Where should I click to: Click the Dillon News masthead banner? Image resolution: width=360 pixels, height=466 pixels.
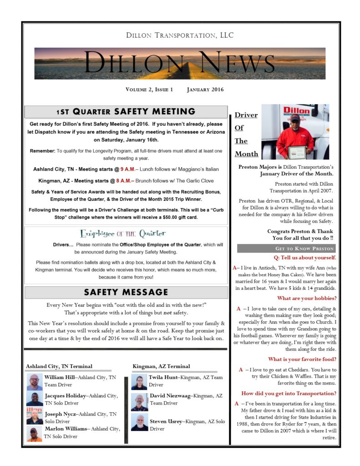pos(180,63)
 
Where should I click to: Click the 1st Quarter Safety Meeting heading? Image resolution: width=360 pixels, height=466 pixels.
pos(126,111)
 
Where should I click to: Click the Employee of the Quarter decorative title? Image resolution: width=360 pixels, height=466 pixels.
pos(122,233)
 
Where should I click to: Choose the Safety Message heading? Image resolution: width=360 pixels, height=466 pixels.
pos(126,292)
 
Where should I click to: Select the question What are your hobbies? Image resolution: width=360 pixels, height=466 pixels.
pos(307,299)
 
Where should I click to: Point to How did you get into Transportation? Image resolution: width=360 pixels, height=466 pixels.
pos(289,393)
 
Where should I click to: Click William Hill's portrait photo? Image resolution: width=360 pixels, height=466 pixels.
pos(35,382)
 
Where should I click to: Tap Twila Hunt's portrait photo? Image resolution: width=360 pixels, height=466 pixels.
pos(139,382)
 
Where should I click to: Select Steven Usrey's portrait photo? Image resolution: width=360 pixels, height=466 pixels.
pos(139,422)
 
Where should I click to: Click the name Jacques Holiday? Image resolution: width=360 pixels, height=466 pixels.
pos(65,396)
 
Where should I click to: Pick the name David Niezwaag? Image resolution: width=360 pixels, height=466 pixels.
pos(170,396)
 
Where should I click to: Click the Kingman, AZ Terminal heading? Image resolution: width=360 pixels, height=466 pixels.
pos(161,366)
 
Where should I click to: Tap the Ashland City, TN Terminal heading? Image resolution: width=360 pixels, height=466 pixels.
pos(59,366)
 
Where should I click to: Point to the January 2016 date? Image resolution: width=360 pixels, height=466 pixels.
pos(205,90)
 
